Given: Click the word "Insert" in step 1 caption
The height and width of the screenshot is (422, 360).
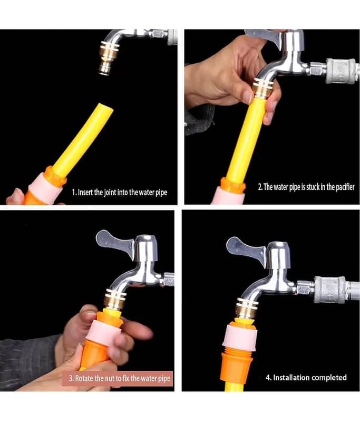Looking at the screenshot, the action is click(x=85, y=192).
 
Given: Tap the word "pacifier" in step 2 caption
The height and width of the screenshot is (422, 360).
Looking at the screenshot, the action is click(x=345, y=187).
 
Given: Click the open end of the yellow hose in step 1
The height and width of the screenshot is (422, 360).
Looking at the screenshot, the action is click(x=105, y=108).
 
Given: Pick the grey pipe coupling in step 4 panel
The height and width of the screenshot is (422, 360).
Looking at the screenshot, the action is click(x=330, y=290).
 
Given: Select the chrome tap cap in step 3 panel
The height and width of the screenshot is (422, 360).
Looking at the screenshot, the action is click(x=145, y=248).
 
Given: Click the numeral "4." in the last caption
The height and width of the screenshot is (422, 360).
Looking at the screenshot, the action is click(x=269, y=377).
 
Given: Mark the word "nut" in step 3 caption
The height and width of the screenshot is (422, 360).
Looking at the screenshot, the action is click(x=109, y=378).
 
